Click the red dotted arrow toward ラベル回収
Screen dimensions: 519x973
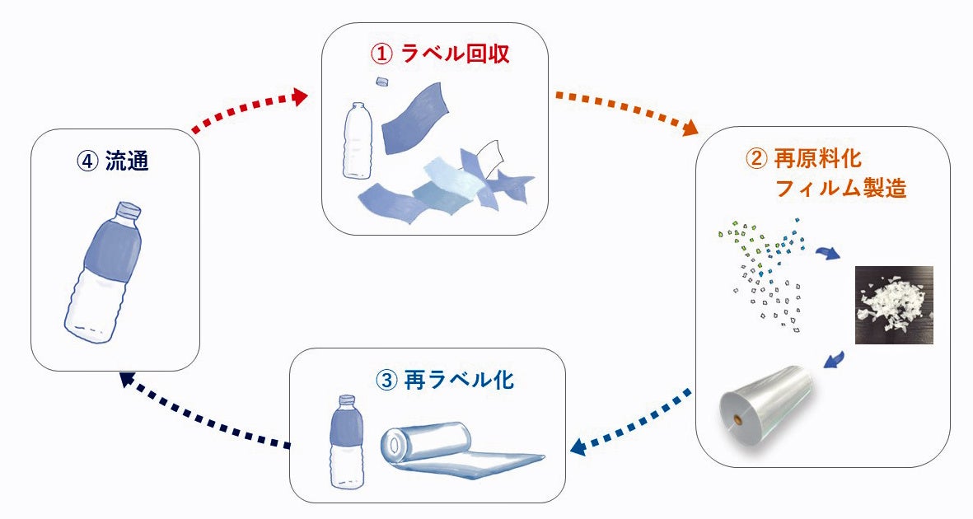point(248,108)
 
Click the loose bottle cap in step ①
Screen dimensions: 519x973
point(382,82)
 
